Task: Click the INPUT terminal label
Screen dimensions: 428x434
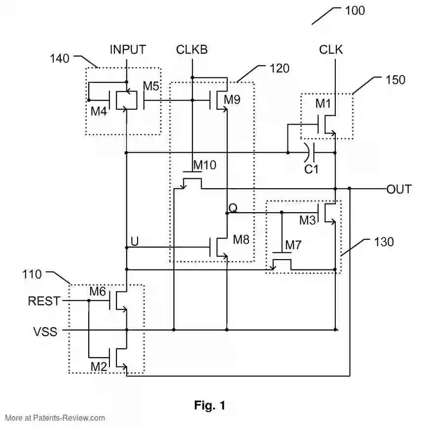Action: click(128, 49)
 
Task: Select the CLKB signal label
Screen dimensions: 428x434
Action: click(192, 49)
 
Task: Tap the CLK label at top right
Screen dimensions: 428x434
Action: click(331, 49)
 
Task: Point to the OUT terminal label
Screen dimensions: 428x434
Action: click(399, 189)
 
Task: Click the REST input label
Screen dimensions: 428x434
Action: click(44, 301)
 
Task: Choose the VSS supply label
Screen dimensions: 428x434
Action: click(45, 331)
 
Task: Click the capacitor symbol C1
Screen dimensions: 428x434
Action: click(309, 153)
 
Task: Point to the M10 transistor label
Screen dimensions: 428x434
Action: click(205, 165)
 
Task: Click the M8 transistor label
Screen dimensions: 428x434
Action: click(241, 240)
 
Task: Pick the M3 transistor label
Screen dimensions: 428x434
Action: click(307, 221)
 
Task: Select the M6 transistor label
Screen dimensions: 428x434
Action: click(98, 292)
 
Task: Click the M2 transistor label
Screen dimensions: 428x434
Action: click(98, 367)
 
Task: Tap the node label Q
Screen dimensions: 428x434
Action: click(233, 208)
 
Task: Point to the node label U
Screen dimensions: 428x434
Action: click(134, 241)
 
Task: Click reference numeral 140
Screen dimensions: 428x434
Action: click(60, 58)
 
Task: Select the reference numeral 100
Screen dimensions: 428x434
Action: click(355, 10)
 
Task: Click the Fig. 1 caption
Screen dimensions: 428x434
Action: click(210, 405)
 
